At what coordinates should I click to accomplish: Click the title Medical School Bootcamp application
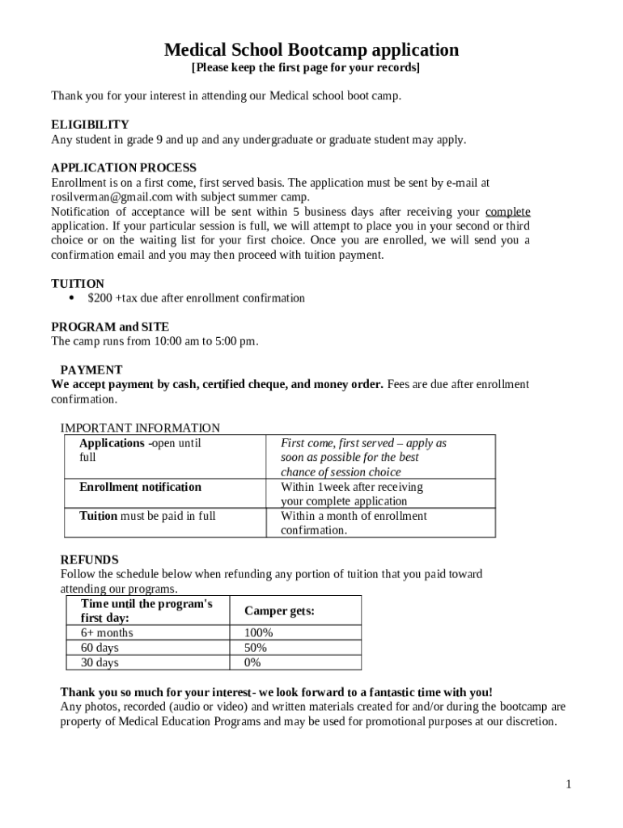311,50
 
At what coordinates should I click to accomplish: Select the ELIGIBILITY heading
90,125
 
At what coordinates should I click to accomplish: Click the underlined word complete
507,211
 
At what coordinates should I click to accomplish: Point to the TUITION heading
78,284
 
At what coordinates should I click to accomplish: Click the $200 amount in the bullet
100,298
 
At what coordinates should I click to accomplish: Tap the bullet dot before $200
72,298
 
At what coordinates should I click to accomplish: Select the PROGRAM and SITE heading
110,327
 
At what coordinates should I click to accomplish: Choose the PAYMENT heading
91,370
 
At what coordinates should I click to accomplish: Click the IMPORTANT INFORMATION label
140,428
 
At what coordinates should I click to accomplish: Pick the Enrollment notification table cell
140,487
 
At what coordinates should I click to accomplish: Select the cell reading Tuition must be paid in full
147,516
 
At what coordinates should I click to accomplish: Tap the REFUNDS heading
90,560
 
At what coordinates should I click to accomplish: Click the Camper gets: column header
279,611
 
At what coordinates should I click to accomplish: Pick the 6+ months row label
107,632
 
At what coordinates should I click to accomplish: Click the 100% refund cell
258,632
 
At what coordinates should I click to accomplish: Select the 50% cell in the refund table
256,648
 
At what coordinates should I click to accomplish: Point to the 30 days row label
100,663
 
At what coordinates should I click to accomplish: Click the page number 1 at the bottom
570,784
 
